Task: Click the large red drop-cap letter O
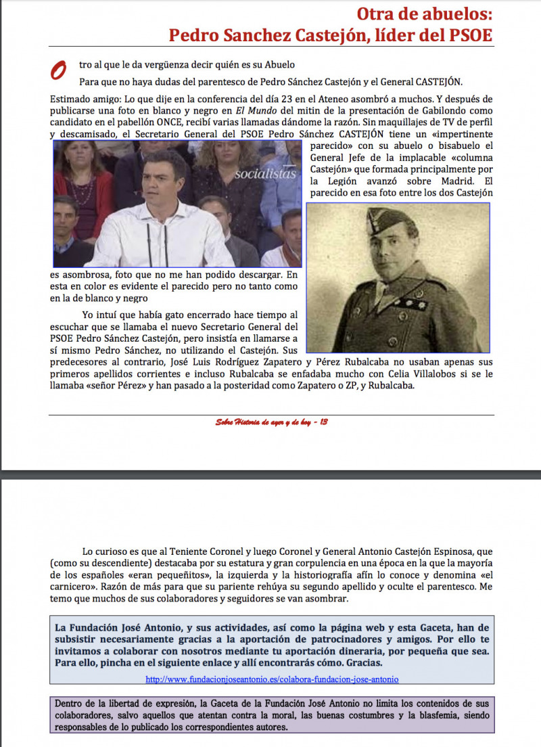(x=59, y=70)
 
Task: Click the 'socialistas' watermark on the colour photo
(x=265, y=174)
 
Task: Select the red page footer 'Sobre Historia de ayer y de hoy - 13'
(x=271, y=422)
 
